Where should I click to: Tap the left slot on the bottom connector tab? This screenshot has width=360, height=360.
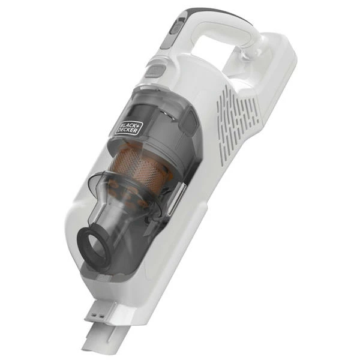[x=95, y=314]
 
